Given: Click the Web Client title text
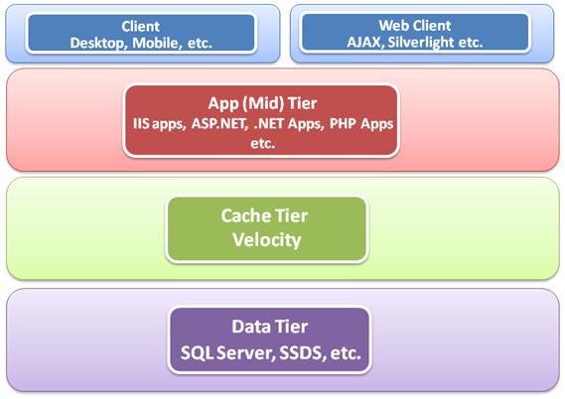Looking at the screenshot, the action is point(415,26).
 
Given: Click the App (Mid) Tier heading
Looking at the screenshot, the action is point(262,103).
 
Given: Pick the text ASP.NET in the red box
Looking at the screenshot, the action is point(219,124).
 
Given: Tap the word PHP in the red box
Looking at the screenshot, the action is point(343,123).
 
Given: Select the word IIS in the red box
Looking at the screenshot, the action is point(141,124).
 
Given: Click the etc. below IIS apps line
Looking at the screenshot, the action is point(263,143).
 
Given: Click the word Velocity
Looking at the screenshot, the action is point(267,240).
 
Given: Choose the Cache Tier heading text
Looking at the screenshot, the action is point(264,216).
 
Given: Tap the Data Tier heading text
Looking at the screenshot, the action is point(269,327).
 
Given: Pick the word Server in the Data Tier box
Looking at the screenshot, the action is point(246,353).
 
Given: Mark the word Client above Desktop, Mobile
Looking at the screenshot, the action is point(141,26).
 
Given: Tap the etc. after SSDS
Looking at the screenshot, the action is point(346,353).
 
